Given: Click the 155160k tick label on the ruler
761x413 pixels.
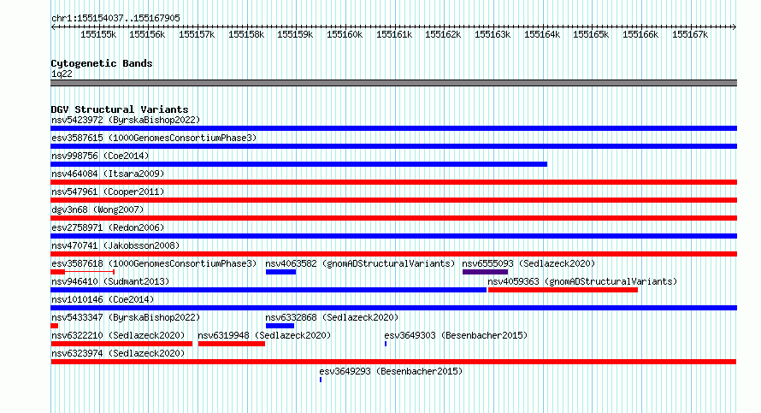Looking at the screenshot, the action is point(345,34).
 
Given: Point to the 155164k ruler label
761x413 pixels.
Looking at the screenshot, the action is point(542,34).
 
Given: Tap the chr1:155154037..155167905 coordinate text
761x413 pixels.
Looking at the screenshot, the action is point(115,19).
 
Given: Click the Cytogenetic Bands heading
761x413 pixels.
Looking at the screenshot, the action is point(102,63).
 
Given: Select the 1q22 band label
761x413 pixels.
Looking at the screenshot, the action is point(62,74).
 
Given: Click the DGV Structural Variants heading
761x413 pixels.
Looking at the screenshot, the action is point(120,109).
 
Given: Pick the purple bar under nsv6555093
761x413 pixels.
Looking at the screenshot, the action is point(486,272).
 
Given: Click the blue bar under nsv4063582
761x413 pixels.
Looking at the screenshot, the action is point(281,272).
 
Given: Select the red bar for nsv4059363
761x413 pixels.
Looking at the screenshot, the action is point(563,290).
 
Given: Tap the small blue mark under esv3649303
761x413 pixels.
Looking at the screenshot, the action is point(386,344).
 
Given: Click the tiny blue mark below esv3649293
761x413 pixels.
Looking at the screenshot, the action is point(321,380).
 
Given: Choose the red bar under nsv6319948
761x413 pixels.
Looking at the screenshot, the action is point(232,344).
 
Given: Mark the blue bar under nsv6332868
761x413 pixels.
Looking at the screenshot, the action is point(280,326).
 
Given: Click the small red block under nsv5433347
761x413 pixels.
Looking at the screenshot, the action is point(55,326).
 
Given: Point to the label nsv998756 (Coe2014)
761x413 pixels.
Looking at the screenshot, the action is point(100,156).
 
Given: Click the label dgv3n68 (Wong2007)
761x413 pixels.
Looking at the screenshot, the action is point(97,209).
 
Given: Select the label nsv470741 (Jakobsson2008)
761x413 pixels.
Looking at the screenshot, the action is point(115,245).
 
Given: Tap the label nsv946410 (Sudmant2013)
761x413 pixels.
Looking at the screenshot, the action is point(110,281).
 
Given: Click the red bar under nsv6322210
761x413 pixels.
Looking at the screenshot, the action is point(121,344).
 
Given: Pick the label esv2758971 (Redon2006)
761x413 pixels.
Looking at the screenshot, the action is point(108,227).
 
